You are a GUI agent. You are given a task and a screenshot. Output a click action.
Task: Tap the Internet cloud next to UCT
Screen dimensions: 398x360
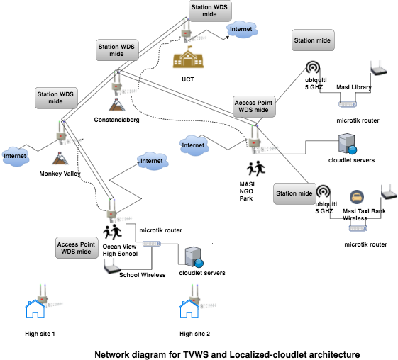[242, 30]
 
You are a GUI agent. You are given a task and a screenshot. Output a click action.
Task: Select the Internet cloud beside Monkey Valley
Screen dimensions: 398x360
[15, 157]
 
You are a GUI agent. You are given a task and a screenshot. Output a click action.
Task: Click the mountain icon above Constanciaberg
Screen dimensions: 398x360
[117, 104]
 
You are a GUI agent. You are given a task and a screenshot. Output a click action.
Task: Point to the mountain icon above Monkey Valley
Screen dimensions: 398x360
[60, 158]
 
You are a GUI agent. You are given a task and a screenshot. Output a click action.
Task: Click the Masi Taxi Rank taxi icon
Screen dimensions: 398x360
[357, 197]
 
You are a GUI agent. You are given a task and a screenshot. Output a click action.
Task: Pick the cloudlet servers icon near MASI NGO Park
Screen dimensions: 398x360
[347, 144]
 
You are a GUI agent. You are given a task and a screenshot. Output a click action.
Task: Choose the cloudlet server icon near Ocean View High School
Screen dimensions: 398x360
[194, 257]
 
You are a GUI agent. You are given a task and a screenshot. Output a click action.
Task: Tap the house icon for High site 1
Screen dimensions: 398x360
[35, 308]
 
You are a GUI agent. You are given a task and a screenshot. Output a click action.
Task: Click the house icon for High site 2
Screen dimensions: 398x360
[189, 308]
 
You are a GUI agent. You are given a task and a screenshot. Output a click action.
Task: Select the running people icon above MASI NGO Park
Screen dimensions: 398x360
[256, 169]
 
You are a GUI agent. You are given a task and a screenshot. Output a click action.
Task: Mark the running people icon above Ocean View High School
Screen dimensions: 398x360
[112, 232]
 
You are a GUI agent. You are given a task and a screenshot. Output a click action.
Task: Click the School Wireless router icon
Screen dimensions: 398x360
[112, 268]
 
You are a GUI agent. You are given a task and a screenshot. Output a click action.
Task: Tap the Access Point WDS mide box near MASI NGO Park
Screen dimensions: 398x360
[254, 106]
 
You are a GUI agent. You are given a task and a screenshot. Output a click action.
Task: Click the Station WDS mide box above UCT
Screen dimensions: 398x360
[210, 11]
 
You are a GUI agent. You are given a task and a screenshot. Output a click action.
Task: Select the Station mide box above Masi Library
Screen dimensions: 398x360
[313, 40]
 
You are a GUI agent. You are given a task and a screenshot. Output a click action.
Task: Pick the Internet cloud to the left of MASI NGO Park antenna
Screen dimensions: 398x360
[194, 145]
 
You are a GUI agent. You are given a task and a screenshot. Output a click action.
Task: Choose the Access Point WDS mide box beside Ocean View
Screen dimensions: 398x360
[77, 248]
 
